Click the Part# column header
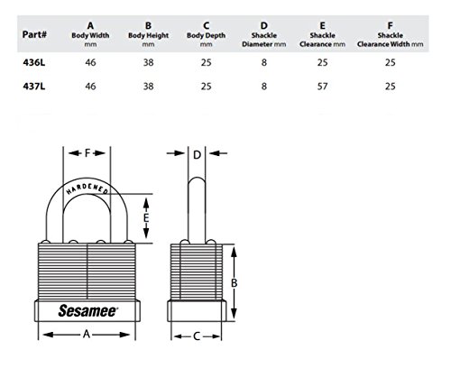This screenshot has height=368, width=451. pos(34,34)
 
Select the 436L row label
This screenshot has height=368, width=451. pos(34,62)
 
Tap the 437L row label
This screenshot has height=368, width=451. pos(34,87)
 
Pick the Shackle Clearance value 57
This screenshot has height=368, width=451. pos(322,87)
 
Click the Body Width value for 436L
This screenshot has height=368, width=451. pos(90,62)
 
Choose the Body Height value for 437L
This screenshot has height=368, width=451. pos(148,87)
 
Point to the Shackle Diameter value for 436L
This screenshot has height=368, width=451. pos(264,62)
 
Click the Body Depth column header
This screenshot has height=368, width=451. pos(206,34)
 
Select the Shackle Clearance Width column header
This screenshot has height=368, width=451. pos(391,34)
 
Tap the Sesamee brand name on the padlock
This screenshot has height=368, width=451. pos(87,310)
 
